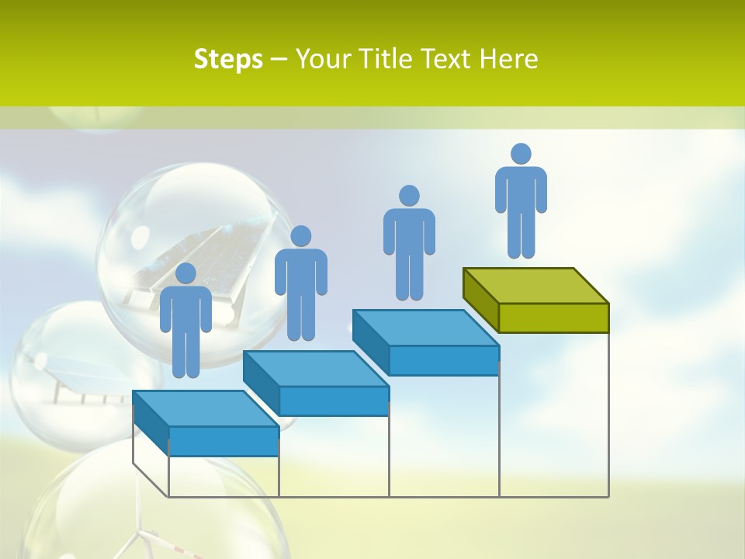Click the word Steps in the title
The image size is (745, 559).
(x=228, y=59)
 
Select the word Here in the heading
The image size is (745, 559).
(x=508, y=59)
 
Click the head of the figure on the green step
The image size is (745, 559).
(x=521, y=154)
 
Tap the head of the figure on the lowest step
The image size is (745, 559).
(x=185, y=273)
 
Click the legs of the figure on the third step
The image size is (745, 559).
(x=409, y=276)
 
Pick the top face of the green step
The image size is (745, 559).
(x=535, y=285)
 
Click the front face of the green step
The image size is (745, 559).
(x=553, y=318)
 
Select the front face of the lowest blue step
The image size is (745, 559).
(x=223, y=441)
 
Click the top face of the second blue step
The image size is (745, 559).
(x=315, y=368)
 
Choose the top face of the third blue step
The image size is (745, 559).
(x=425, y=328)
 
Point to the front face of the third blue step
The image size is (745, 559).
(x=443, y=360)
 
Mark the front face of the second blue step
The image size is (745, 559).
(x=334, y=401)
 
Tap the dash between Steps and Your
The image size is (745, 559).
(x=279, y=60)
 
